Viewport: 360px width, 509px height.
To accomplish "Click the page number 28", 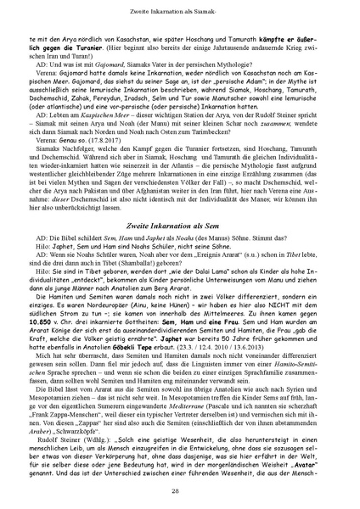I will tap(180, 490).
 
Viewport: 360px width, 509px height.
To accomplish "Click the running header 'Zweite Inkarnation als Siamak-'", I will tap(180, 9).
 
